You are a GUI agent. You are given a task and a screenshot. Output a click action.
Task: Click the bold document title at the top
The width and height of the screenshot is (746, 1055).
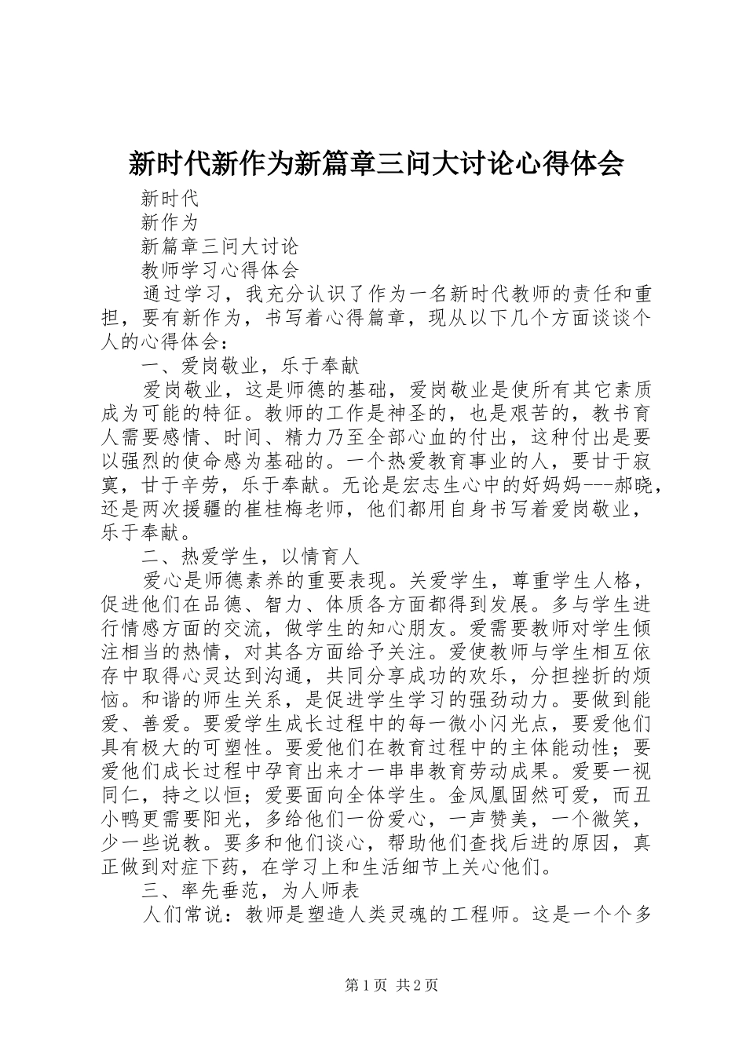[375, 163]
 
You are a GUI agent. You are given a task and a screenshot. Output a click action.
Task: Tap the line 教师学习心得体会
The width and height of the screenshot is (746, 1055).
[220, 270]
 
